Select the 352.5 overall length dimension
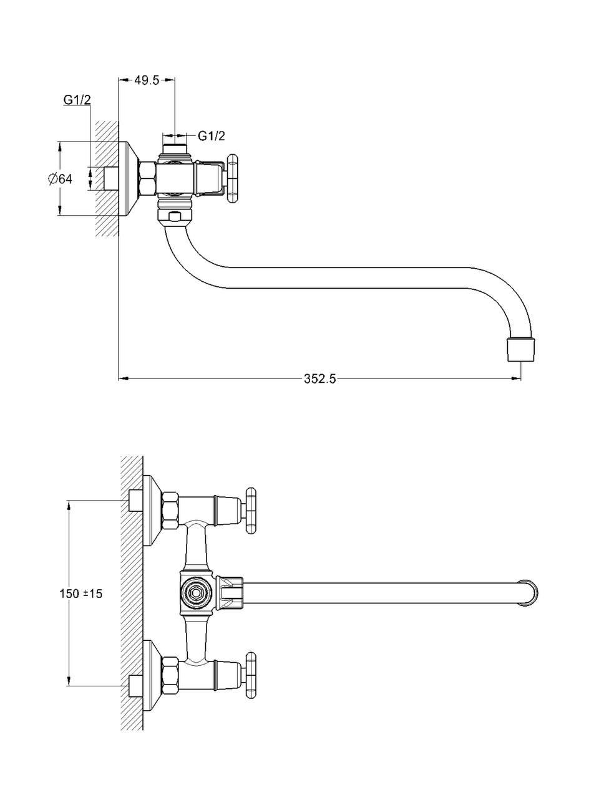pos(320,378)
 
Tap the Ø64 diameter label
pos(60,179)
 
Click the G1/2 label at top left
pos(77,100)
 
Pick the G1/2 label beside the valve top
pos(212,135)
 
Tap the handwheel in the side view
pos(233,179)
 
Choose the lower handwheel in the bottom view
pos(251,675)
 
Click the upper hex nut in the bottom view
pos(170,510)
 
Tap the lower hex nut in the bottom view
pos(170,675)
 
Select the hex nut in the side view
pos(147,178)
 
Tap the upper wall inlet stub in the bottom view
pos(135,501)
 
